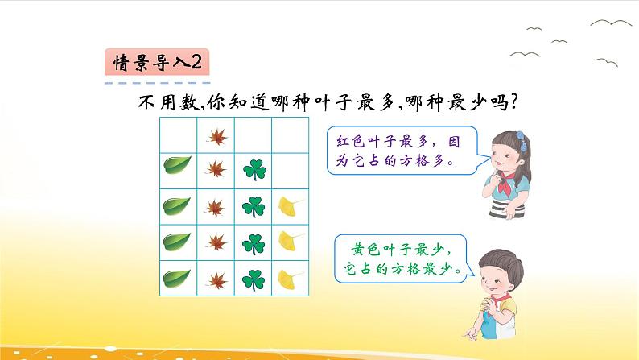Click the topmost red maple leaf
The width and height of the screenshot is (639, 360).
[215, 138]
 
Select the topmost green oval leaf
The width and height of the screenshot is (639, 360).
[177, 167]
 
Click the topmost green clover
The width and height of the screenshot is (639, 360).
[254, 169]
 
